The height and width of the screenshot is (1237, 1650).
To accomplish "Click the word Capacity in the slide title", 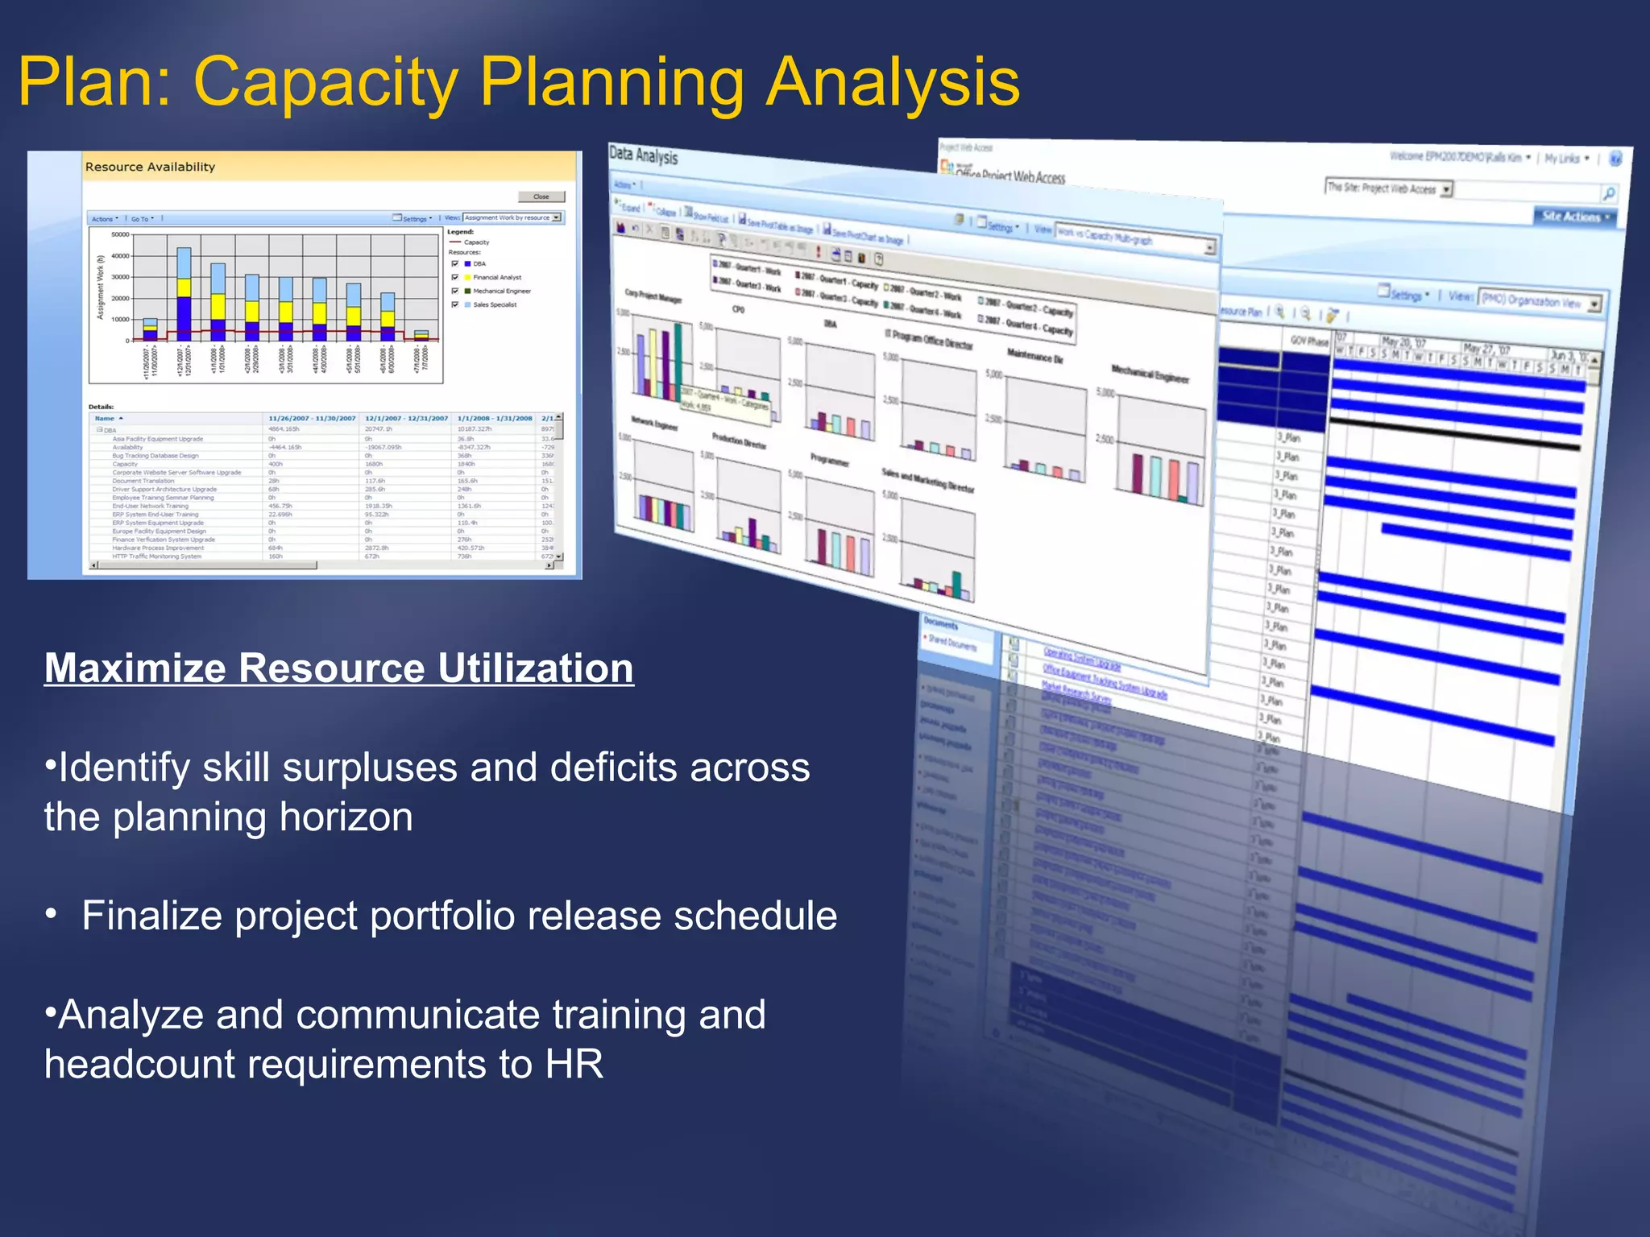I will (326, 83).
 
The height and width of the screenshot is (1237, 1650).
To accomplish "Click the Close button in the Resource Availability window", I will (541, 197).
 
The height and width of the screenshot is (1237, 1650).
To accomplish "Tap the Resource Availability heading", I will (150, 167).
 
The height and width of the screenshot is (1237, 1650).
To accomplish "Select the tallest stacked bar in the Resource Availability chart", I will (184, 293).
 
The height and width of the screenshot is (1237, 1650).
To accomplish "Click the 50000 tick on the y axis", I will (119, 234).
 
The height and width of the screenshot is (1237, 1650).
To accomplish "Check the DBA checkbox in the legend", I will (455, 263).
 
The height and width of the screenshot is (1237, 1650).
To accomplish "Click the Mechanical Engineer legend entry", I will (501, 291).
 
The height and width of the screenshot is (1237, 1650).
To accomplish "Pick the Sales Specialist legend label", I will (495, 304).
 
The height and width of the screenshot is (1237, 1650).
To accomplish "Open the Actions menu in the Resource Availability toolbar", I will (104, 218).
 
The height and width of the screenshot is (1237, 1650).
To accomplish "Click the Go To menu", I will (142, 218).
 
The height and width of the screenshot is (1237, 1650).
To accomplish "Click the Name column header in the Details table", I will (105, 418).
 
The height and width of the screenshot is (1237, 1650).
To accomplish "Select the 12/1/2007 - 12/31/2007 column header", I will (406, 418).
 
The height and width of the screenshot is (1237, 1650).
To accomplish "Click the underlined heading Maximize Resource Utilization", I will (339, 668).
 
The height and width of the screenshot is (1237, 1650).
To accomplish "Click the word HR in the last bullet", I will (574, 1064).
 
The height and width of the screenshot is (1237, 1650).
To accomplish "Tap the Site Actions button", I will (1573, 216).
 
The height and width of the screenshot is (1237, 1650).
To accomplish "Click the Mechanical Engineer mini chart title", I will (1150, 374).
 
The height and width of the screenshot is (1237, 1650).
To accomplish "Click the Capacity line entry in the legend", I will (475, 242).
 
